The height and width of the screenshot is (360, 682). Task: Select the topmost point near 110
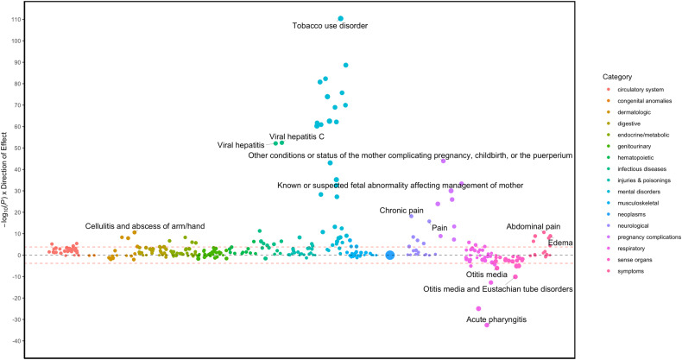pos(341,18)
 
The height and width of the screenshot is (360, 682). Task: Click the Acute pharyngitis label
pos(495,319)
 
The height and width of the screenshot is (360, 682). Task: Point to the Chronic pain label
pos(402,211)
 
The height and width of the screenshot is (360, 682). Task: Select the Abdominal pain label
pos(533,225)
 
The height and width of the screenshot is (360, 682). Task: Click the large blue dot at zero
pos(390,255)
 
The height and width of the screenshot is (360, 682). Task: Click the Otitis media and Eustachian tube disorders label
pos(497,288)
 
